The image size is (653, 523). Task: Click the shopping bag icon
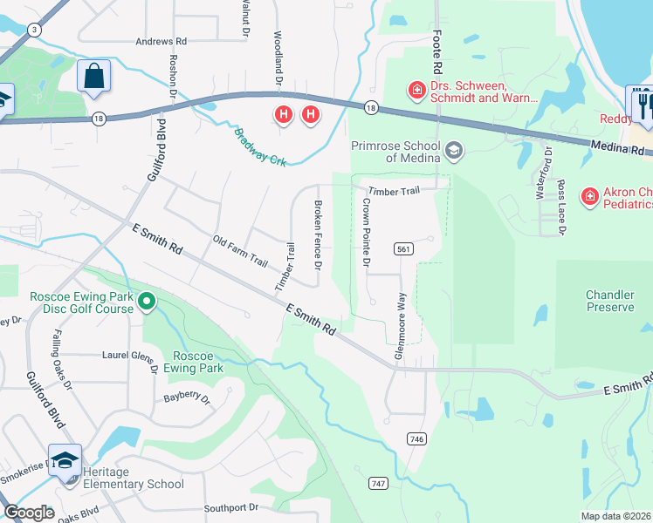coord(93,76)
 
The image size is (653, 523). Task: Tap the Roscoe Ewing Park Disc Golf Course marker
coord(147,302)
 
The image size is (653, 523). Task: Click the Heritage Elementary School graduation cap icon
coord(65,460)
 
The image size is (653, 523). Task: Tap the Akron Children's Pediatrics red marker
coord(590,197)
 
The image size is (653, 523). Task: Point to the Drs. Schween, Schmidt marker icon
coord(416,90)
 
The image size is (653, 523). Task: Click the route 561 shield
coord(402,248)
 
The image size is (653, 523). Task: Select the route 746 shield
coord(416,439)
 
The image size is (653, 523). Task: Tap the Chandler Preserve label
coord(609,301)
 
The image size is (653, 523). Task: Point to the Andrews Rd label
coord(161,41)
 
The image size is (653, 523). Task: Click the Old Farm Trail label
coord(240,250)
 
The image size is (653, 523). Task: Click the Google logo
coord(29,513)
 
